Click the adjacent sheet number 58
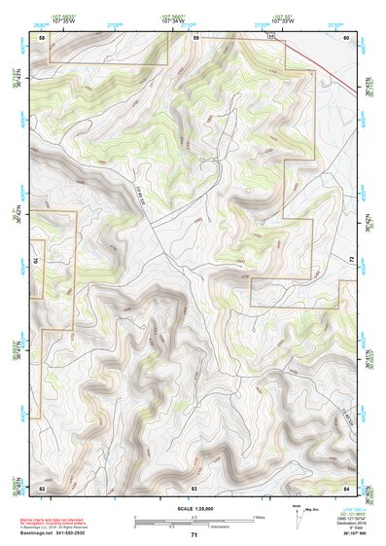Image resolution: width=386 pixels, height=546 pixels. tap(42, 37)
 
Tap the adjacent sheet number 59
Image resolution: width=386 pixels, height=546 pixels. tap(195, 37)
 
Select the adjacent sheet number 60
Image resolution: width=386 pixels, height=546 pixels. tap(346, 37)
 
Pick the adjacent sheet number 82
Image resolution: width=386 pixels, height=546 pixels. tap(42, 486)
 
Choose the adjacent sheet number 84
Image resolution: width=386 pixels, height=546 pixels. tap(346, 486)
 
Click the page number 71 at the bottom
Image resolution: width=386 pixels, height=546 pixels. tap(194, 535)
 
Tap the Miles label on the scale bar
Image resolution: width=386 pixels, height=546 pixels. tap(259, 516)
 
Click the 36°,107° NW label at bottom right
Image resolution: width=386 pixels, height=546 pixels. tap(356, 534)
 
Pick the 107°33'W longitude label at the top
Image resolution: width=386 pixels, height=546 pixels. tap(283, 19)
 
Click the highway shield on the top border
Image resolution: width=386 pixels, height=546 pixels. tap(272, 36)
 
